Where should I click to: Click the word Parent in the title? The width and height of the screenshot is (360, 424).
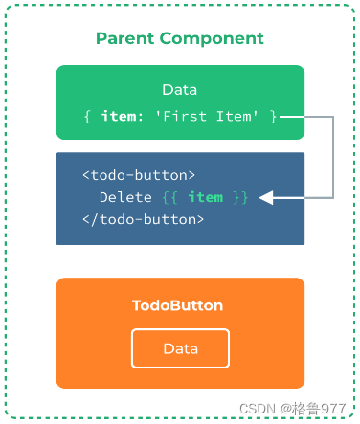(x=124, y=39)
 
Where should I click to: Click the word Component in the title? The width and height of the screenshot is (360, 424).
(x=212, y=39)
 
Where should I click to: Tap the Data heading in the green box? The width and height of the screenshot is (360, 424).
(x=180, y=90)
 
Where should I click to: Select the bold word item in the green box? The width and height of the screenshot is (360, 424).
(x=119, y=116)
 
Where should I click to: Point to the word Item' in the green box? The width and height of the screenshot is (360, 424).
(x=236, y=116)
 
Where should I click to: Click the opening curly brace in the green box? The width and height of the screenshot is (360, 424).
(x=87, y=117)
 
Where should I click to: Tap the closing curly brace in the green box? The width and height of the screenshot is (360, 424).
(x=273, y=117)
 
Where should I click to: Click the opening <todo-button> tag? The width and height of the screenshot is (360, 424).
(x=139, y=175)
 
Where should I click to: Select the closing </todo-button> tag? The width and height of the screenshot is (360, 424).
(x=143, y=219)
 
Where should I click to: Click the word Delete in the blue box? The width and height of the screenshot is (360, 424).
(x=125, y=197)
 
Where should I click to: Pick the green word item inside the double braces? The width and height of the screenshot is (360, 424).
(x=206, y=197)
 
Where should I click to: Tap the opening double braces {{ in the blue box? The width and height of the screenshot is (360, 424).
(x=169, y=197)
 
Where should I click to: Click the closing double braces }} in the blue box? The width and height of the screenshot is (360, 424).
(x=240, y=197)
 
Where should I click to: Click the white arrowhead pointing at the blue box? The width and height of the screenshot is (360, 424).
(x=266, y=198)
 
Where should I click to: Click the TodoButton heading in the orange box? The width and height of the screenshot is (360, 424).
(x=177, y=305)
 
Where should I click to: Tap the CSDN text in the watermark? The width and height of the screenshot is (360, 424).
(x=258, y=409)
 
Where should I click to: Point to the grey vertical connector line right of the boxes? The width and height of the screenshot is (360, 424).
(x=333, y=157)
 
